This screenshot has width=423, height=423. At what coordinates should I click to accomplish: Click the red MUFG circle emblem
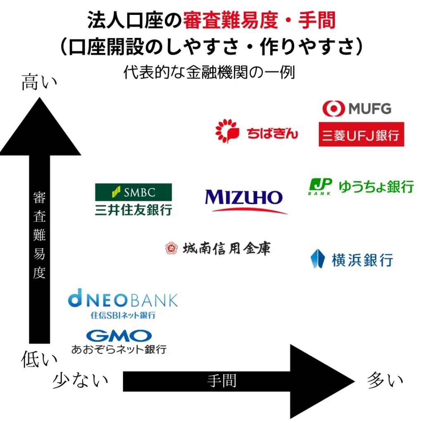click(333, 109)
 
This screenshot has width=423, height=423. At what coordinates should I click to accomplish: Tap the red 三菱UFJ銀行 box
click(361, 134)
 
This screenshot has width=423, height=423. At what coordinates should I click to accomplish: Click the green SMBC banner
click(133, 192)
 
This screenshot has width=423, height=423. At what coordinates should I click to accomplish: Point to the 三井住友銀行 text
click(133, 209)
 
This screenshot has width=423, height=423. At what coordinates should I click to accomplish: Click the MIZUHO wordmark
click(244, 198)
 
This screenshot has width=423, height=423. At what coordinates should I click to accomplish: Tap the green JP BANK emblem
click(321, 186)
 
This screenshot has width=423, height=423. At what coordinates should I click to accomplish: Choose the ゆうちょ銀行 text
click(376, 186)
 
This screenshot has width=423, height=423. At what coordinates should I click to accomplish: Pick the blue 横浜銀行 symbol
click(318, 259)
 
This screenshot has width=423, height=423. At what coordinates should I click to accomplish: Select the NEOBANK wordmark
click(123, 300)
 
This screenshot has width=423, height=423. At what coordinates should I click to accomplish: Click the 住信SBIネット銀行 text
click(123, 315)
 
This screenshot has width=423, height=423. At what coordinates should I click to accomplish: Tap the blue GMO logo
click(119, 335)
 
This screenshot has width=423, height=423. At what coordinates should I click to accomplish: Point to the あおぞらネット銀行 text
click(119, 349)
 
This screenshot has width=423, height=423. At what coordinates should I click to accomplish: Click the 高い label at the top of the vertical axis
click(39, 83)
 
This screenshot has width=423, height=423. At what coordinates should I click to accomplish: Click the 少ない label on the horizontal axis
click(81, 380)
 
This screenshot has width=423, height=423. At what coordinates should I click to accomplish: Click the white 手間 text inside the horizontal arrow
click(222, 380)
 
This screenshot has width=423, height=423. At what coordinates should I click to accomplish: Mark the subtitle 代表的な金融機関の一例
click(209, 73)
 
